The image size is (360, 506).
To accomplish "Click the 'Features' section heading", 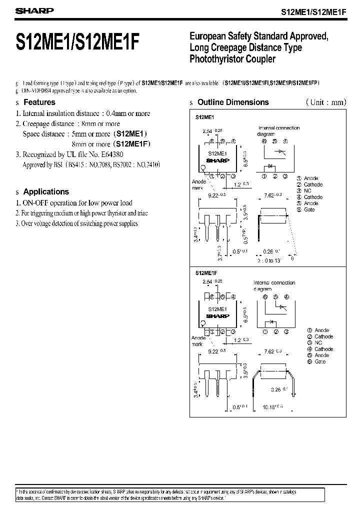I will coord(39,102).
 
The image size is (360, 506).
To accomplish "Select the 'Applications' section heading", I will coord(46,191).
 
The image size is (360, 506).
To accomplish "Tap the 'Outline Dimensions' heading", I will coord(233,102).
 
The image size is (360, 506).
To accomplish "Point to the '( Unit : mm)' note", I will coord(326,102).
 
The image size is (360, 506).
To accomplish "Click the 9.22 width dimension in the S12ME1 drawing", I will coord(217,194).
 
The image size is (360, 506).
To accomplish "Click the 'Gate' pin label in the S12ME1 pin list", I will coord(309,209).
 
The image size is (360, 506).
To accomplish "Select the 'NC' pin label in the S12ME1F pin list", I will coord(318,343).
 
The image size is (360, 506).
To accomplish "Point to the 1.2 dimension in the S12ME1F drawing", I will coord(240,340).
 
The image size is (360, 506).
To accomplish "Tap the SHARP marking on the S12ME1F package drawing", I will coord(217,316).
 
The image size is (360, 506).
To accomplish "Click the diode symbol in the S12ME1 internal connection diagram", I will coord(272,165).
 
